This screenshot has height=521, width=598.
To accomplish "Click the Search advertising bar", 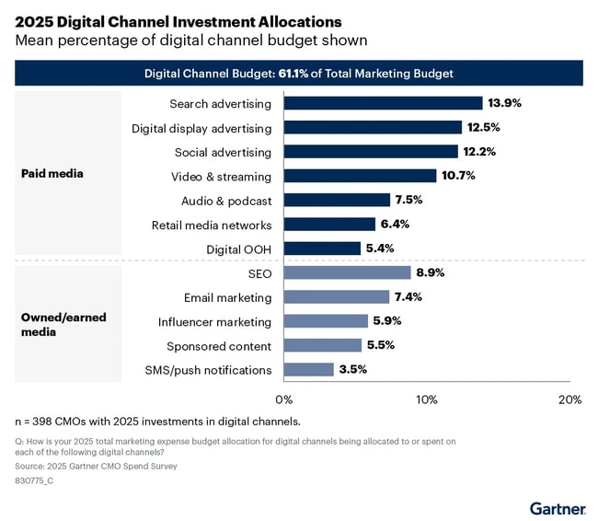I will pos(383,103).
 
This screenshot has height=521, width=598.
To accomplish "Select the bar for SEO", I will pos(347,272).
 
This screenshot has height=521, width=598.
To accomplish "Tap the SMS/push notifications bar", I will pos(308,369).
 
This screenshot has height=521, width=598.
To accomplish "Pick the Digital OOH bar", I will pos(322,248).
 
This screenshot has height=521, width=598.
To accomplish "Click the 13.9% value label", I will pos(504,103).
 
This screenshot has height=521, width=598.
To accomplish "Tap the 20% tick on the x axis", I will pos(569,399).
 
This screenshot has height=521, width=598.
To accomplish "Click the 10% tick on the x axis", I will pos(427,399).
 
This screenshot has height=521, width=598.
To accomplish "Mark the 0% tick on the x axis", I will pos(284,399).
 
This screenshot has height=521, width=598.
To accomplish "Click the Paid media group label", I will pos(51,172).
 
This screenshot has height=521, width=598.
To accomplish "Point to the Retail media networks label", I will pos(212,224).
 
